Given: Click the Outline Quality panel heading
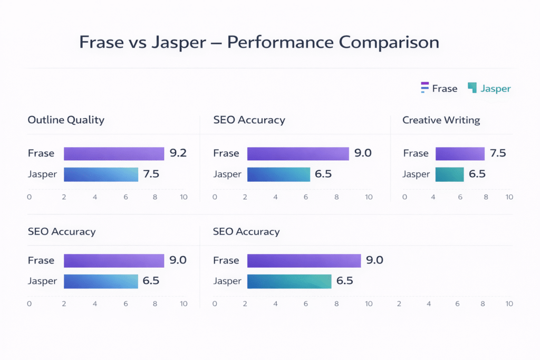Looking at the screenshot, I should click(66, 120).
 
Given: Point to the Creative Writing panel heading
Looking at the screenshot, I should click(441, 120).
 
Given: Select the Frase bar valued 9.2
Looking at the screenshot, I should click(114, 153).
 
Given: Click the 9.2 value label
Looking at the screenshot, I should click(178, 153).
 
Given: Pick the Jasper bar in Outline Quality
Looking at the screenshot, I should click(101, 174).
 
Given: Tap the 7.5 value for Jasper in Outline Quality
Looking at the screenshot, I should click(151, 174).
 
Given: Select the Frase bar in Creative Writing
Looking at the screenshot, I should click(460, 153).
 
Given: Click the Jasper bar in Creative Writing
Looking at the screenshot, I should click(449, 174).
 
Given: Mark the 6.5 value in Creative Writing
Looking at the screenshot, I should click(477, 174).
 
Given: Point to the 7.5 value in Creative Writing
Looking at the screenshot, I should click(498, 153).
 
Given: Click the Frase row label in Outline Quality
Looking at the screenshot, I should click(41, 153).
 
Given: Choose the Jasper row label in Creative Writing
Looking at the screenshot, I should click(416, 174).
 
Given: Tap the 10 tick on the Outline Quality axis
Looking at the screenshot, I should click(184, 197).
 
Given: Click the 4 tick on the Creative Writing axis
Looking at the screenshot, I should click(433, 197).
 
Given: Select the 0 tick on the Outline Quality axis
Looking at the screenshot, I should click(29, 197).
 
